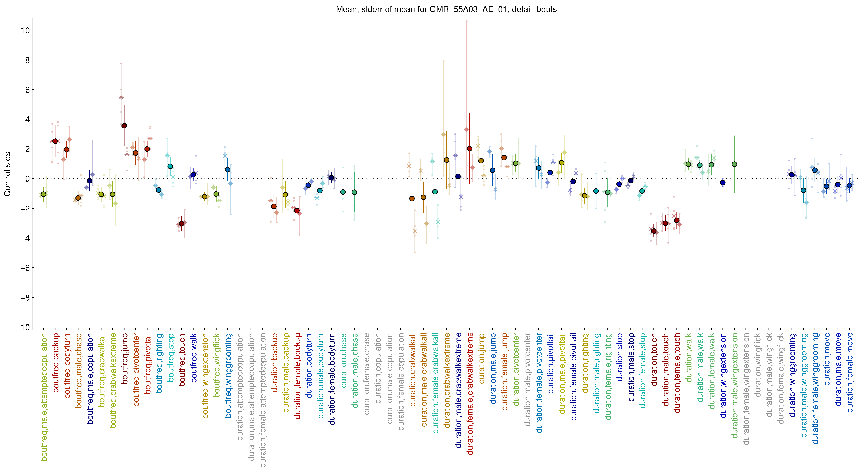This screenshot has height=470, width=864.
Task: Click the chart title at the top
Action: pyautogui.click(x=446, y=9)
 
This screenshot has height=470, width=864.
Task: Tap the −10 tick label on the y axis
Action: pyautogui.click(x=23, y=327)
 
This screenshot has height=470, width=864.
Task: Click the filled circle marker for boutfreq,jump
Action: pyautogui.click(x=124, y=126)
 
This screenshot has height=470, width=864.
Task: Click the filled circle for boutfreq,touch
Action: pyautogui.click(x=182, y=224)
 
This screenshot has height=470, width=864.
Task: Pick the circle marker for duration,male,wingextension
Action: pyautogui.click(x=734, y=164)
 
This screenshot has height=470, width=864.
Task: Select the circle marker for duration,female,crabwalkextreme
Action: pyautogui.click(x=470, y=149)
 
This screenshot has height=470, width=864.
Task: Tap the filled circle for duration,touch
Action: pyautogui.click(x=654, y=231)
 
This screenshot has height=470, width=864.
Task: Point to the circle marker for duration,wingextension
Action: pyautogui.click(x=723, y=183)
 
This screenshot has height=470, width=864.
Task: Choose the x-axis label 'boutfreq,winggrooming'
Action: pyautogui.click(x=228, y=375)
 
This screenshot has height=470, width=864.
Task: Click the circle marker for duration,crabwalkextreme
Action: pyautogui.click(x=447, y=160)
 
